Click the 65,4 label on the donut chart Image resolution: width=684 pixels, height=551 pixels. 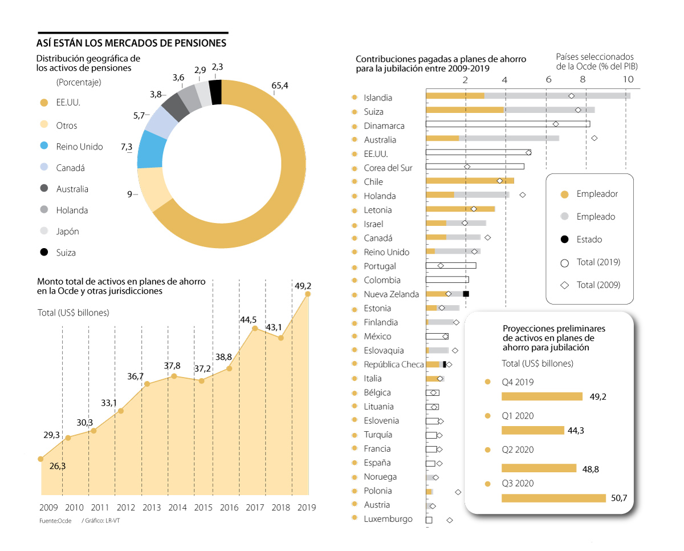pyautogui.click(x=280, y=86)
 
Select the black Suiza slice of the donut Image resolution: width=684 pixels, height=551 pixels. pyautogui.click(x=215, y=92)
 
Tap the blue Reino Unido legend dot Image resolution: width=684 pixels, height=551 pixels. pyautogui.click(x=44, y=147)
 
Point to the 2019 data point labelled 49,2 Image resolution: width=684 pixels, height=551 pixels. pyautogui.click(x=308, y=294)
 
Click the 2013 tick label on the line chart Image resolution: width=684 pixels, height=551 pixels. pyautogui.click(x=151, y=507)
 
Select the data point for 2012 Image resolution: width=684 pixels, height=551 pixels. pyautogui.click(x=121, y=411)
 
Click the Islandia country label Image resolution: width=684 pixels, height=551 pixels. pyautogui.click(x=378, y=98)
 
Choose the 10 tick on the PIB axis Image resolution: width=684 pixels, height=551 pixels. pyautogui.click(x=628, y=79)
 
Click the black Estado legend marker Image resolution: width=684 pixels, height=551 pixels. pyautogui.click(x=565, y=240)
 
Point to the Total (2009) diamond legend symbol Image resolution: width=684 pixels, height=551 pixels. pyautogui.click(x=565, y=285)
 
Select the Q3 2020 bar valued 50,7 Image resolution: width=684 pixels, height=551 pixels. pyautogui.click(x=553, y=498)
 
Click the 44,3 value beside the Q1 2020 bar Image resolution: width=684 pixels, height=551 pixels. pyautogui.click(x=576, y=431)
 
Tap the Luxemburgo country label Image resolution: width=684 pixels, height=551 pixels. pyautogui.click(x=388, y=519)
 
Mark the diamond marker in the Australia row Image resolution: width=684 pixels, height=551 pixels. pyautogui.click(x=595, y=138)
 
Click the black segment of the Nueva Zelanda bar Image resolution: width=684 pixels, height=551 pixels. pyautogui.click(x=466, y=294)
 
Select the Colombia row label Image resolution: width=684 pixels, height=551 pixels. pyautogui.click(x=382, y=280)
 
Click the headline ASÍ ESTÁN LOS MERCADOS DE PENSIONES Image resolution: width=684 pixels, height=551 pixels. pyautogui.click(x=131, y=43)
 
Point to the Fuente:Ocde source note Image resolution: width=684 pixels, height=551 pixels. pyautogui.click(x=55, y=521)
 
